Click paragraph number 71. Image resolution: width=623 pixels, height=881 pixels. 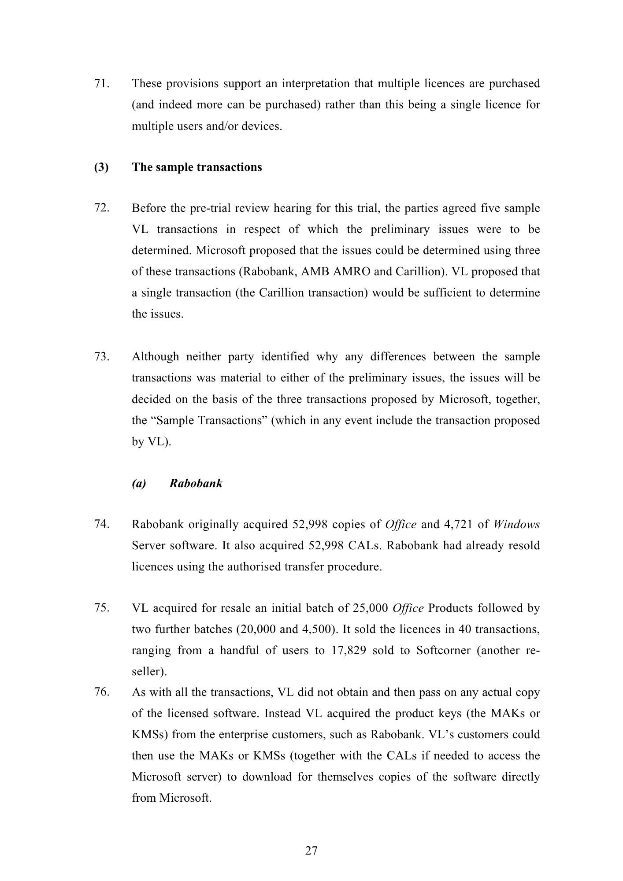[x=101, y=83]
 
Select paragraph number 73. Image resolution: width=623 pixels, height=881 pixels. [x=101, y=356]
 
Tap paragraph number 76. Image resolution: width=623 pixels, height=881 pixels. [x=101, y=692]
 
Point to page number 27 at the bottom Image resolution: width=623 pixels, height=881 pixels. [x=311, y=851]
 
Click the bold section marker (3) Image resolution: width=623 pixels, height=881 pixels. [x=101, y=167]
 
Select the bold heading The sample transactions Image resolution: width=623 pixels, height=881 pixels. [x=197, y=167]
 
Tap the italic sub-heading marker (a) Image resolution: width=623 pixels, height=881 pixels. [x=139, y=483]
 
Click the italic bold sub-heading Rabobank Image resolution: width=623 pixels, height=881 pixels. [x=196, y=483]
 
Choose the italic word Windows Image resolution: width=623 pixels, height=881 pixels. [x=516, y=525]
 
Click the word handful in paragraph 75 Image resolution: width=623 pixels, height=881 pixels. [x=239, y=651]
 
